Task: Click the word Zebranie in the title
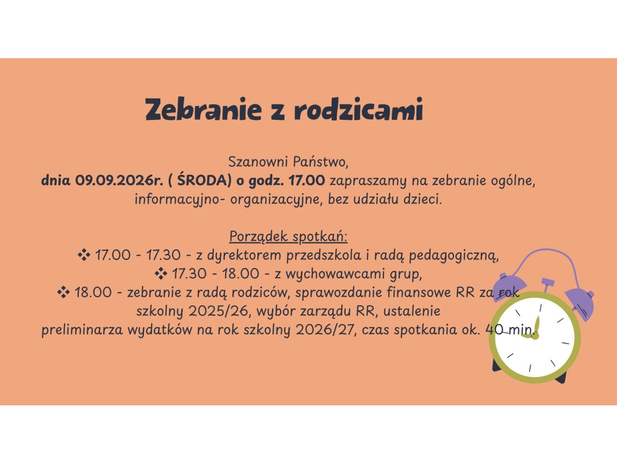203,109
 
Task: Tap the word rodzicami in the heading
358,109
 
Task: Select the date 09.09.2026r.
119,180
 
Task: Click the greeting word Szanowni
258,162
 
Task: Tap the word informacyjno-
180,199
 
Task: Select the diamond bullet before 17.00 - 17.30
84,255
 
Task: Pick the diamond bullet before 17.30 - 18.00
161,274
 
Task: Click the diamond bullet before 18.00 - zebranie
64,292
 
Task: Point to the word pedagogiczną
453,256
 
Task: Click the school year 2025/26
219,311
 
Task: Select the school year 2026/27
324,330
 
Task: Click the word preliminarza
82,330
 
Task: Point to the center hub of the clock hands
535,336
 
